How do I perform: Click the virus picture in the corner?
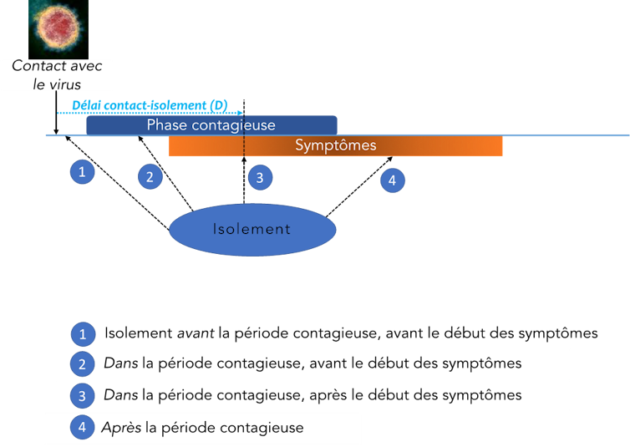point(58,28)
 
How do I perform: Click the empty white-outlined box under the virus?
point(56,75)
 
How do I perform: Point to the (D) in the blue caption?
point(219,105)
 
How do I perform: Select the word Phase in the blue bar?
point(164,125)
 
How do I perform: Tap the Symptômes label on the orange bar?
point(336,145)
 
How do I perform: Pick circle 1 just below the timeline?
point(82,172)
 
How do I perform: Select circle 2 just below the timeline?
point(150,177)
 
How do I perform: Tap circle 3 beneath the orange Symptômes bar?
point(259,177)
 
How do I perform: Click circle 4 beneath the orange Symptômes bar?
point(392,180)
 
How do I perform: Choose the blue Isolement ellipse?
point(252,229)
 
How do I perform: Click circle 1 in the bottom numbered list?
point(82,334)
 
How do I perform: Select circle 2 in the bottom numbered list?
point(82,364)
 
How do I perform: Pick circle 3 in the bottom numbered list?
point(82,395)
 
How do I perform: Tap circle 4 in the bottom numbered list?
point(82,428)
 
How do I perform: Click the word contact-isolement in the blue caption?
point(155,105)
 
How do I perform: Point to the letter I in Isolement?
point(215,229)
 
